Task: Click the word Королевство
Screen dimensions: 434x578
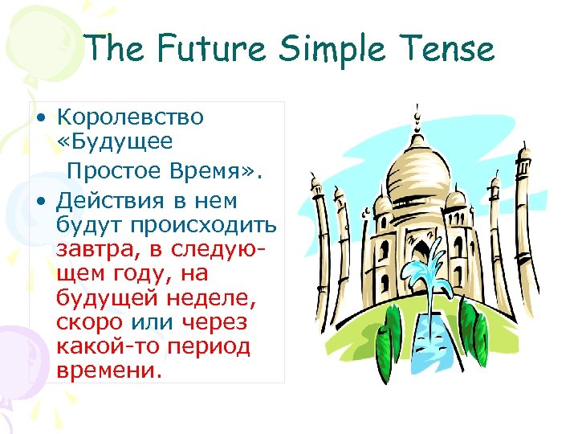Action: coord(130,117)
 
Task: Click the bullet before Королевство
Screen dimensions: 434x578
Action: coord(39,118)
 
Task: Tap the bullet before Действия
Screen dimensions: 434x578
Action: coord(39,199)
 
